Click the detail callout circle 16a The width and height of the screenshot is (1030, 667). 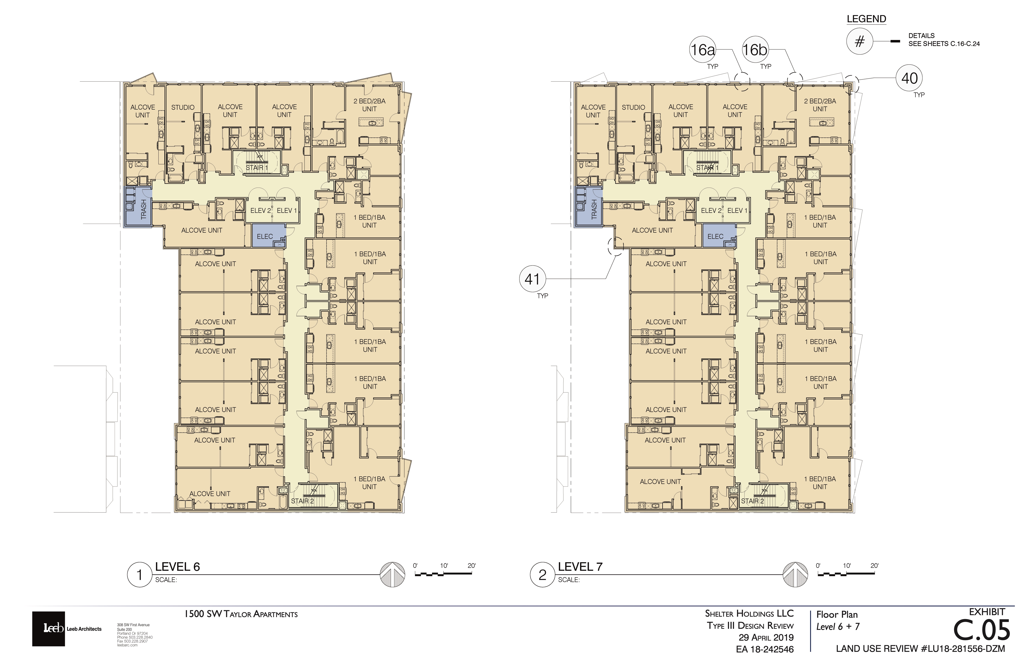tap(702, 50)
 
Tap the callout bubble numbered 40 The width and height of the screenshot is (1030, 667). tap(909, 78)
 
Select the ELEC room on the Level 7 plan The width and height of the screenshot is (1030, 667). tap(719, 236)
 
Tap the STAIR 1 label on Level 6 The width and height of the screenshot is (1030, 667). tap(257, 168)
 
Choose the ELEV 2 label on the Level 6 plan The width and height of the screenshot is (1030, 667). tap(261, 211)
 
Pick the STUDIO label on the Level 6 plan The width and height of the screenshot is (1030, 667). tap(183, 107)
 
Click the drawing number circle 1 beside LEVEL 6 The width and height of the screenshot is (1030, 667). tap(139, 575)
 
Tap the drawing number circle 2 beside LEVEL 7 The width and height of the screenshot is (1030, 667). tap(542, 575)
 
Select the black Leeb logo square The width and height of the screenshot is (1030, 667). tap(48, 629)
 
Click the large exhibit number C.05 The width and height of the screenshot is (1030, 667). tap(982, 631)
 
